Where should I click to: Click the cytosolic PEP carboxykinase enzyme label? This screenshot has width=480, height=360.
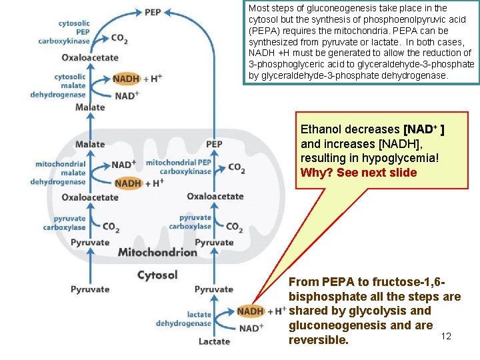74,31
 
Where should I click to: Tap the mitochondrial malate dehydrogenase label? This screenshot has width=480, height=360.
61,173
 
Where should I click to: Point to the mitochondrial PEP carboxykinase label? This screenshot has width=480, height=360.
178,167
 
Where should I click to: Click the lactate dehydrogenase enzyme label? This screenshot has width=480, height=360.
183,319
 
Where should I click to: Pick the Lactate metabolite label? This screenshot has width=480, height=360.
214,341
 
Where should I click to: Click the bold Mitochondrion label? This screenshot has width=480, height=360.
157,252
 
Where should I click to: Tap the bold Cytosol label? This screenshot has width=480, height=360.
157,275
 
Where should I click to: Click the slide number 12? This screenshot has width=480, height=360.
446,336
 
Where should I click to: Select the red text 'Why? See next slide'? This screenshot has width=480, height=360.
359,173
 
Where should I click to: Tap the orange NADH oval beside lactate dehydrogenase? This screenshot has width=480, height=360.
250,311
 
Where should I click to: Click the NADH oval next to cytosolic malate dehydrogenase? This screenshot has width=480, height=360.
126,78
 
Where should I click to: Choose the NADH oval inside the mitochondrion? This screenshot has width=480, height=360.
127,183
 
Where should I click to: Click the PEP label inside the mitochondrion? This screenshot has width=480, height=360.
214,144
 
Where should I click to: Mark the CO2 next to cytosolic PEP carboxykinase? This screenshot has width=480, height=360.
119,39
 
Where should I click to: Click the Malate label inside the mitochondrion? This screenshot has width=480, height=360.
90,144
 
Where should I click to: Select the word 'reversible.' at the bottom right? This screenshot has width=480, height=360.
318,340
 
